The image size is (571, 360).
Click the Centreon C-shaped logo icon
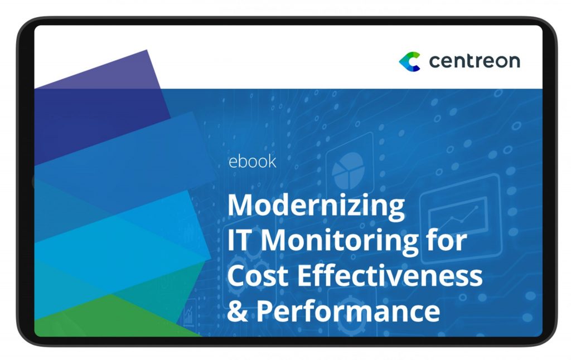(409, 61)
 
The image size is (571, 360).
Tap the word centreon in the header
(475, 61)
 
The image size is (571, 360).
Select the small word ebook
(252, 162)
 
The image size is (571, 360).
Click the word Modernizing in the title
(316, 206)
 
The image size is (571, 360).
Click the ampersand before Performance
(238, 311)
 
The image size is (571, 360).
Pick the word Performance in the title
(348, 311)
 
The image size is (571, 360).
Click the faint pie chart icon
(349, 171)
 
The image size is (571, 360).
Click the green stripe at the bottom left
(109, 316)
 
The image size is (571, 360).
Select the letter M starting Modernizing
(241, 205)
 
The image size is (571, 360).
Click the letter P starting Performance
(265, 311)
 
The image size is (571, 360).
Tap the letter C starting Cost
(236, 275)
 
